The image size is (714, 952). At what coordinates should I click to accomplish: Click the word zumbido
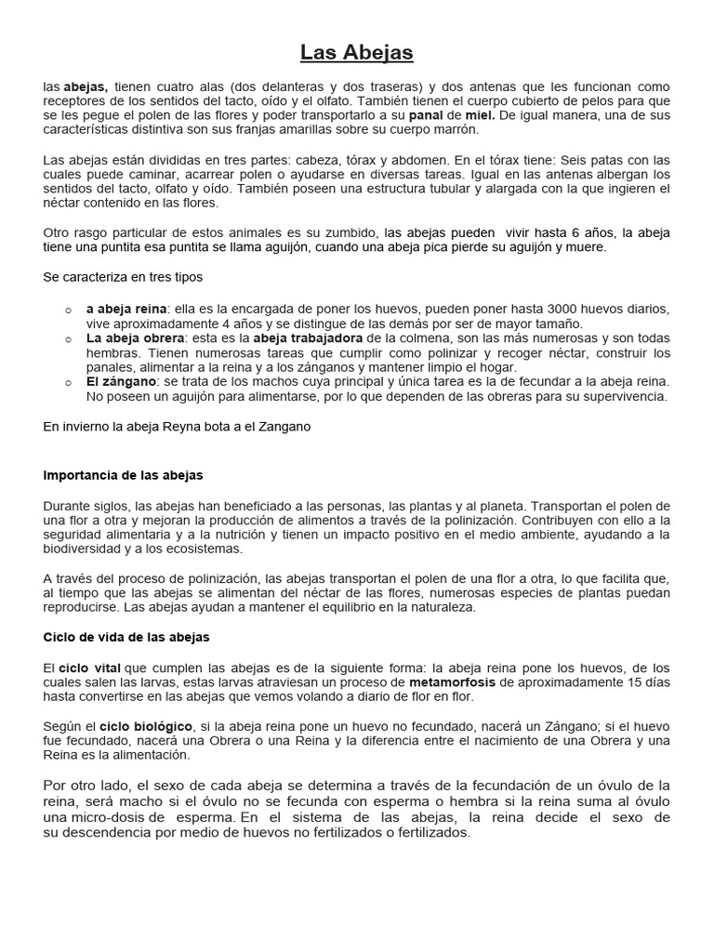(350, 231)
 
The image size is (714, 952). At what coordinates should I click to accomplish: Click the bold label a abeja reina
(126, 309)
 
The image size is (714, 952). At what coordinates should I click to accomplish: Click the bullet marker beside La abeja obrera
(69, 339)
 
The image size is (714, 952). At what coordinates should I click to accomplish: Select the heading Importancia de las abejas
(123, 475)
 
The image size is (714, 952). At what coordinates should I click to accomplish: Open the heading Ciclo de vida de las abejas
(126, 637)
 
